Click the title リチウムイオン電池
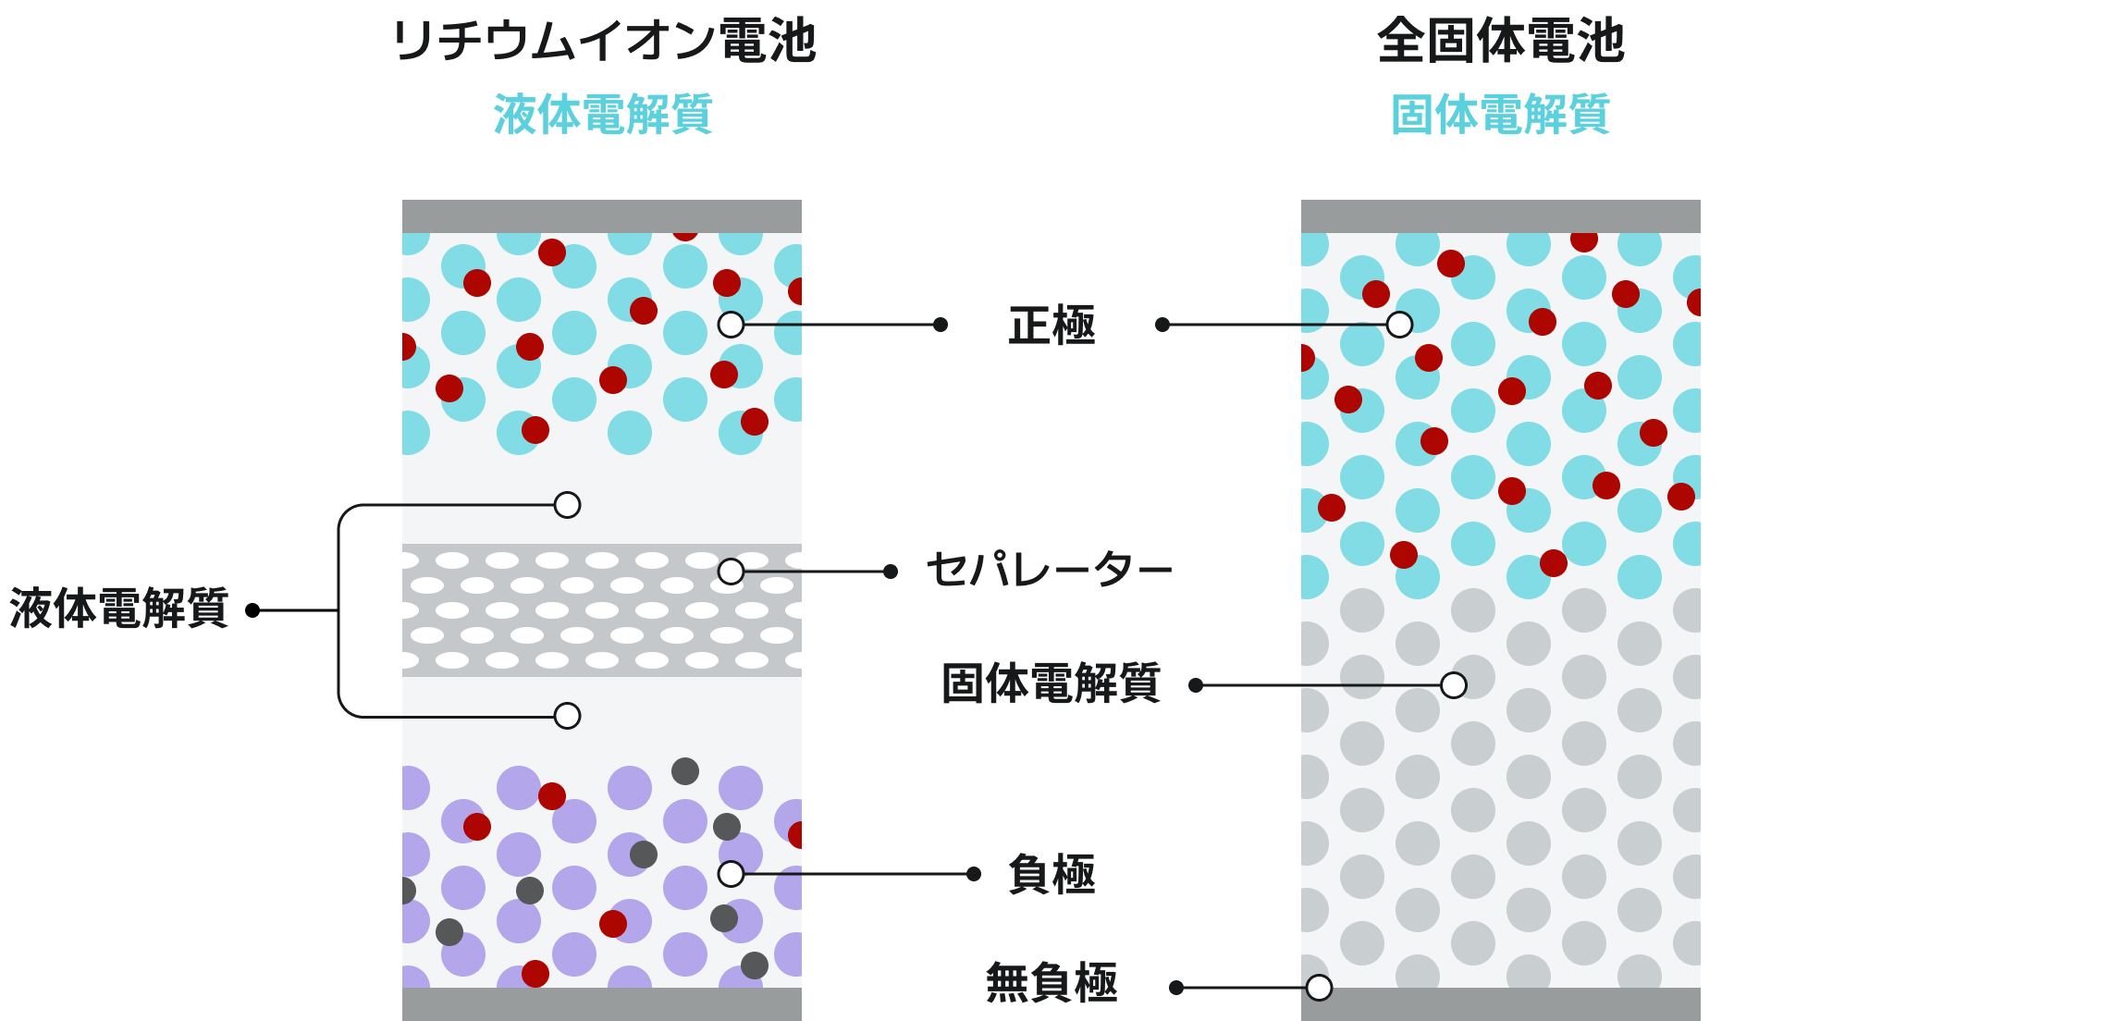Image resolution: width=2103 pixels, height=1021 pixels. click(x=603, y=42)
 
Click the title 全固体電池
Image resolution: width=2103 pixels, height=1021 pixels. click(x=1500, y=42)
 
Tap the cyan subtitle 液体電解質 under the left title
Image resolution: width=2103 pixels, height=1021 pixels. click(x=603, y=115)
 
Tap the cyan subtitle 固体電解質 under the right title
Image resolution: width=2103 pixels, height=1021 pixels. click(x=1500, y=115)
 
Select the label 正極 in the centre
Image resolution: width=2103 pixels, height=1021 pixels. click(x=1051, y=326)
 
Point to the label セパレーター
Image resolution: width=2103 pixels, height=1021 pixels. click(x=1049, y=570)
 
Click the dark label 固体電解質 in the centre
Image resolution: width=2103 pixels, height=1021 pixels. click(x=1051, y=684)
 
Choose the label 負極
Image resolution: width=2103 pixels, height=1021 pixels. click(x=1051, y=874)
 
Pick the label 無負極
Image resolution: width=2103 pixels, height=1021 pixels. click(x=1051, y=982)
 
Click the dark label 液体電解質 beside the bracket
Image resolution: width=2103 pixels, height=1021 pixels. click(x=119, y=609)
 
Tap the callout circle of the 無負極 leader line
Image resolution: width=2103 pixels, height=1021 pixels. click(x=1319, y=988)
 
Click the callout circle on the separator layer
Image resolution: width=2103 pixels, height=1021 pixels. click(x=731, y=572)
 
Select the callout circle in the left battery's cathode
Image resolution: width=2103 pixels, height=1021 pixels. click(x=731, y=325)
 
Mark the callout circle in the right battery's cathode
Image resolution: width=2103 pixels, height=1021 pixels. click(x=1399, y=325)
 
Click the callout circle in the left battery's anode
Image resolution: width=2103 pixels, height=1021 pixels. click(x=731, y=874)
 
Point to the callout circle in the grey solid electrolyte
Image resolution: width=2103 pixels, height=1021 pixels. click(x=1454, y=685)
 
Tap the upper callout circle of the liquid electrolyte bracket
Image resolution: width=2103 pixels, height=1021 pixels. click(x=567, y=505)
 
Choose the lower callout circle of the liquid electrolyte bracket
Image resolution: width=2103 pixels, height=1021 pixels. click(x=567, y=716)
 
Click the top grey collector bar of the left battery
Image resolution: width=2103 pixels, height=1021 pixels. click(x=601, y=216)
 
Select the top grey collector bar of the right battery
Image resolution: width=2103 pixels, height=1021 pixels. click(x=1500, y=216)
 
